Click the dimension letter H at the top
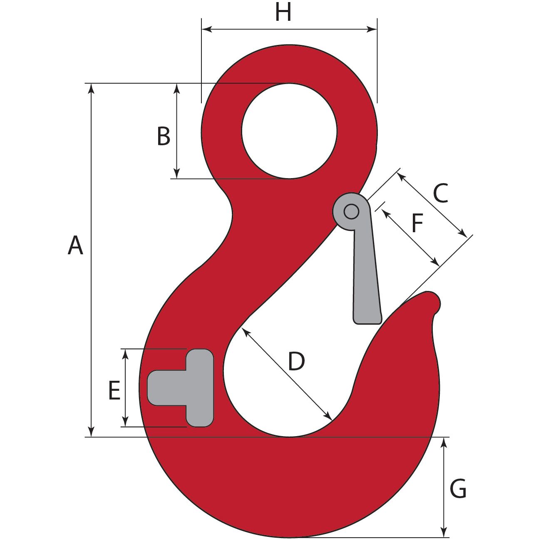[283, 13]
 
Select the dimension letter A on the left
[75, 245]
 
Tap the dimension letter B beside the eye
[164, 136]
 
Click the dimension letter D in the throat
[296, 361]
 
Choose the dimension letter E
[114, 391]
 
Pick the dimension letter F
[417, 223]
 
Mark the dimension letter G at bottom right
[458, 489]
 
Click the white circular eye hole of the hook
[289, 131]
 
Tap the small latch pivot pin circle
[352, 212]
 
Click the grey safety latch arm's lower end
[367, 314]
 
